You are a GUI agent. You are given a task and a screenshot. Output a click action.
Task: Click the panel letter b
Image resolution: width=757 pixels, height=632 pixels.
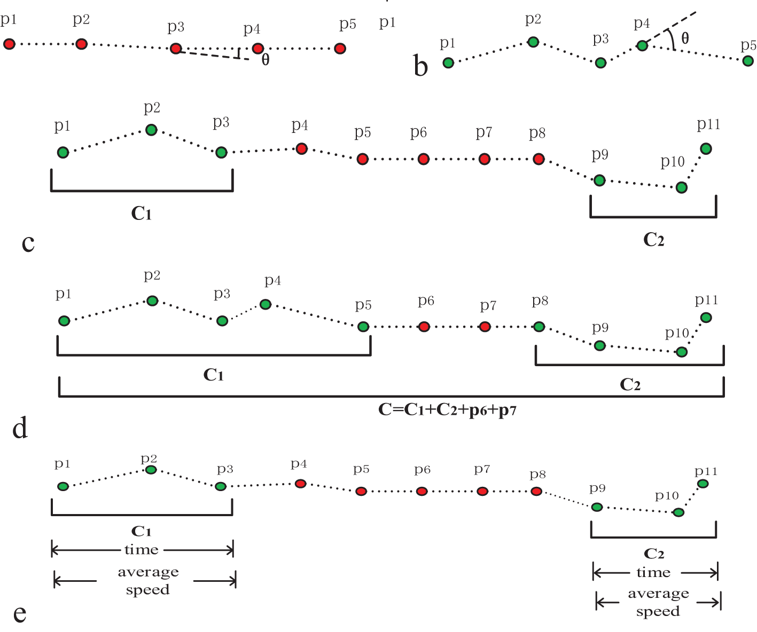[x=421, y=67]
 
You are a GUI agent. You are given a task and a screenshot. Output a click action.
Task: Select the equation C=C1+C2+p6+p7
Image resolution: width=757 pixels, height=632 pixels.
[x=447, y=410]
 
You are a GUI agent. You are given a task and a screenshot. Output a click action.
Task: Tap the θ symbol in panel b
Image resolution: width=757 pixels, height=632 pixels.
[x=685, y=38]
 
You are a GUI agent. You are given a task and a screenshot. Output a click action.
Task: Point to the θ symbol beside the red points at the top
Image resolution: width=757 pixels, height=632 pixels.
[x=265, y=60]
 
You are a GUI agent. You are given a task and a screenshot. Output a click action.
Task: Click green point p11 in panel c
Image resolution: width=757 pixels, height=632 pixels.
[x=706, y=148]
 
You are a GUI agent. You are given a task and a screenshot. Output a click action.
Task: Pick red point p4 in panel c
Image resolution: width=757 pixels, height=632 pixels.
[x=301, y=148]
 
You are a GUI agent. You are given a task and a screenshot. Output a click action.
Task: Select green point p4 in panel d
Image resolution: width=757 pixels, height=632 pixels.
[x=266, y=304]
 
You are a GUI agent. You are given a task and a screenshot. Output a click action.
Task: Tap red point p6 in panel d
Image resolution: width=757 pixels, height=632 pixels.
[x=424, y=327]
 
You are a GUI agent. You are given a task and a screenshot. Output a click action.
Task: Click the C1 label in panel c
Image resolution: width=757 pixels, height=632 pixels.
[x=142, y=214]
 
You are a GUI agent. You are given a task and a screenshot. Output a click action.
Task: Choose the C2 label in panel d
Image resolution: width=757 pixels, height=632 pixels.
[x=630, y=384]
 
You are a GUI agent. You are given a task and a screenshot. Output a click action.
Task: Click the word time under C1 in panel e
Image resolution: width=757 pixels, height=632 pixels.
[x=141, y=550]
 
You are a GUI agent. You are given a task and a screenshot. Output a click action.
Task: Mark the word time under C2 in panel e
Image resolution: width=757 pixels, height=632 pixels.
[x=653, y=573]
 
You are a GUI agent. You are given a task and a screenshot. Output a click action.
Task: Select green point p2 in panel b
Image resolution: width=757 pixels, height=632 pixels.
[x=533, y=42]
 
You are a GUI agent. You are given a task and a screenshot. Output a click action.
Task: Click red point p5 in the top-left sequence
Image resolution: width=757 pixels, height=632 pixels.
[x=339, y=49]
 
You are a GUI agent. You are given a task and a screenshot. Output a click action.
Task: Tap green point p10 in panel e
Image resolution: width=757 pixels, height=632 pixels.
[x=678, y=512]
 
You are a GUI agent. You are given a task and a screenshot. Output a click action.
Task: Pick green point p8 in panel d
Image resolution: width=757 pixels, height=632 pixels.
[x=539, y=327]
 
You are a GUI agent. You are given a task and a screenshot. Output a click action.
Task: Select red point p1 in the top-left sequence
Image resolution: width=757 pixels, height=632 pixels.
[x=9, y=44]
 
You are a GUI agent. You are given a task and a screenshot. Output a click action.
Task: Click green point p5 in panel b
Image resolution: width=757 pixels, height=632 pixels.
[x=748, y=61]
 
